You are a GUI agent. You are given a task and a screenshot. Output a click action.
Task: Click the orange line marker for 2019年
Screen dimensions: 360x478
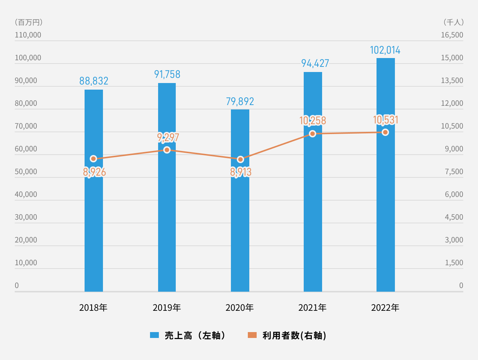tap(167, 150)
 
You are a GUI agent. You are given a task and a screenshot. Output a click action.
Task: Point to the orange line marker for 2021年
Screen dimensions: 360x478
tap(313, 134)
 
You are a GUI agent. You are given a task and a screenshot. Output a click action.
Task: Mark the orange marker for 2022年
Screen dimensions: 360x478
tap(385, 132)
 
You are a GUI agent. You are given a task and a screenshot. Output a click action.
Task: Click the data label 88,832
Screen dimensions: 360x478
tap(94, 81)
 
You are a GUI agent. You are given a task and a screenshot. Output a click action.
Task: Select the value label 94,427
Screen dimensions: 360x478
tap(315, 63)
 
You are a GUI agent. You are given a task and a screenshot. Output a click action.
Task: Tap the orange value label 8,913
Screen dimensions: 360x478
tap(241, 172)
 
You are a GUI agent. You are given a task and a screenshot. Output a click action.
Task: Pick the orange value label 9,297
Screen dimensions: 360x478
tap(168, 137)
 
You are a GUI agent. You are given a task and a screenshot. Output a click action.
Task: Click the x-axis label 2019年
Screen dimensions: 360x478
tap(167, 307)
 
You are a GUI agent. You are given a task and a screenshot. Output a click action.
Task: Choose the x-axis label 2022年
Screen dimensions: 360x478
tap(385, 307)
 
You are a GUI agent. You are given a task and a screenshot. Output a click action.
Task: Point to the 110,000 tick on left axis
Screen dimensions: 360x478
tap(28, 35)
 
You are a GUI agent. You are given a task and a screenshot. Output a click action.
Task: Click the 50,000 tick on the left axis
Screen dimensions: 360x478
tap(26, 172)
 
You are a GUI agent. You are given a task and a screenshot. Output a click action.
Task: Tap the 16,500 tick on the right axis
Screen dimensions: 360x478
tap(452, 35)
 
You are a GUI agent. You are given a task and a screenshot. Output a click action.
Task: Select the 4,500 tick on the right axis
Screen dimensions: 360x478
tap(454, 217)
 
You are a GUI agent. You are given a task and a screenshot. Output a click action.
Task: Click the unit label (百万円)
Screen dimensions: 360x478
tap(29, 22)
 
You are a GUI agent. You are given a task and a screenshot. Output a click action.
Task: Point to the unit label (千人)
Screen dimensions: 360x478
tap(454, 22)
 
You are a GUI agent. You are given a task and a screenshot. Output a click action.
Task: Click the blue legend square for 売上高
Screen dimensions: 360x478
tap(154, 335)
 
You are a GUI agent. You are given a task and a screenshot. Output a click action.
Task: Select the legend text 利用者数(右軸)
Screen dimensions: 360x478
tap(294, 335)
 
